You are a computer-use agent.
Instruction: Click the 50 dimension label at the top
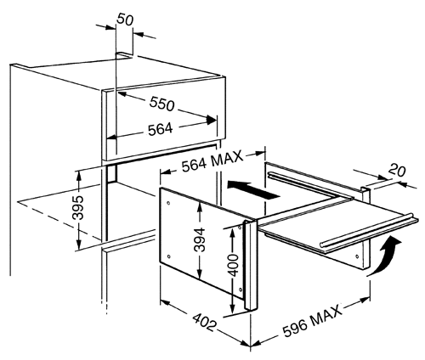pos(125,20)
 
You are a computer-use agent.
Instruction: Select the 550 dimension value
pos(161,104)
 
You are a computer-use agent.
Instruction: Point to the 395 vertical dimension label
pos(78,208)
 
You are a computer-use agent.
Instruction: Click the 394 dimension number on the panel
pos(200,239)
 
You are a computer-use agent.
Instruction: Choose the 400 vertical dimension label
pos(234,265)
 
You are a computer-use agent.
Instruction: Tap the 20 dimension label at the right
pos(397,171)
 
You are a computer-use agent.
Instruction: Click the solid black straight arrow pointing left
pos(254,189)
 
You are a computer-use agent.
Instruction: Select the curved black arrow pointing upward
pos(386,256)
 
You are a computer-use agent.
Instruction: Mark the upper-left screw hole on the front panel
pos(169,203)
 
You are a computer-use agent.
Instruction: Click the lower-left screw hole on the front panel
pos(169,256)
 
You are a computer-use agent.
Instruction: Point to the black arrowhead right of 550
pos(211,120)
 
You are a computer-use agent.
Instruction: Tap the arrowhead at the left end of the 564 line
pos(111,138)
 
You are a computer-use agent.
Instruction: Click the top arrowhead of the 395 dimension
pos(78,176)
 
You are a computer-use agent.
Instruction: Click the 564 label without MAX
pos(161,129)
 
